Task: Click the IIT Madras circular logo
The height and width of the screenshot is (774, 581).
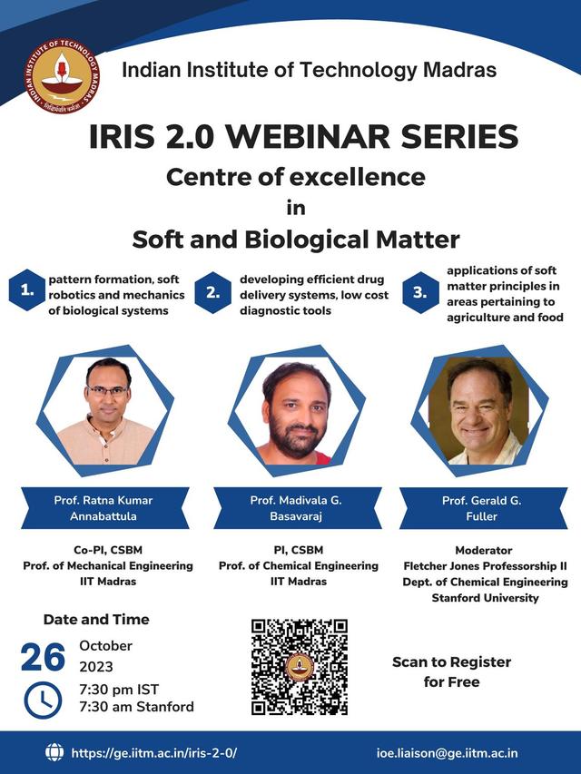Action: [61, 76]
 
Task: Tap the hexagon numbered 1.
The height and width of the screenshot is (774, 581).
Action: [27, 290]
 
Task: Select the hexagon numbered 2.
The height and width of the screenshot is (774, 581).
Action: [213, 292]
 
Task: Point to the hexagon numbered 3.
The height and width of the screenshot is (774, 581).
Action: [420, 292]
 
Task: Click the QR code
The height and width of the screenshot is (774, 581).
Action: [300, 667]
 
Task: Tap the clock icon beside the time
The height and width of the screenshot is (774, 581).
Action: [43, 700]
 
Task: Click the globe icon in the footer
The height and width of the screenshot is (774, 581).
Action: [54, 752]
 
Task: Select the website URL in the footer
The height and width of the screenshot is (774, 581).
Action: [154, 753]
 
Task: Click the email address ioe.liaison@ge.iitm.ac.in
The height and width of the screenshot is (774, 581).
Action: [448, 753]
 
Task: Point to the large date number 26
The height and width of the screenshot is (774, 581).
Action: [43, 658]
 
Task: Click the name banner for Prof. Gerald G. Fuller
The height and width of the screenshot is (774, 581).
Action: [483, 508]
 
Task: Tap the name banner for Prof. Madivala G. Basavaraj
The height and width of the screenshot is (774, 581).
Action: [298, 508]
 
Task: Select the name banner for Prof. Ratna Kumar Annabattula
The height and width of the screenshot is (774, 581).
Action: [104, 508]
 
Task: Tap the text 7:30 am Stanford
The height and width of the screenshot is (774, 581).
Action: [136, 707]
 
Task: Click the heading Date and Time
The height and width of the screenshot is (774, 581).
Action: [96, 619]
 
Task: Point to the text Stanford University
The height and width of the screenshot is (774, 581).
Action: [485, 598]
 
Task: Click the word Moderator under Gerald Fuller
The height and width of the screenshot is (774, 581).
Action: [484, 550]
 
